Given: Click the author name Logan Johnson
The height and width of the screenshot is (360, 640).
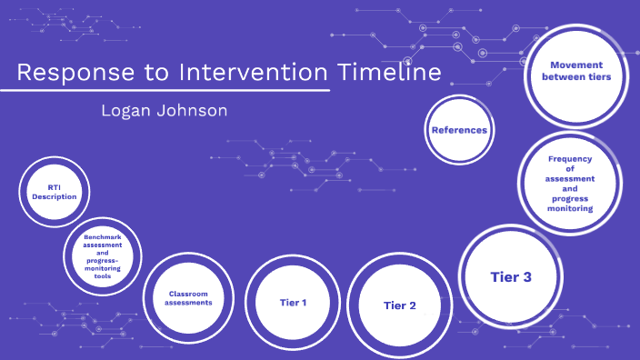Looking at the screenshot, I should pos(165,111).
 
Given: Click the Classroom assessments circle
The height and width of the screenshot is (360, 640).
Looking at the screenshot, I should pos(189,298).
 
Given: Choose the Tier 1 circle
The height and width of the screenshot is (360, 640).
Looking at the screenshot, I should pos(293,302).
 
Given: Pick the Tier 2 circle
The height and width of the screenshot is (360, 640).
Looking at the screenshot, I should pos(400,305).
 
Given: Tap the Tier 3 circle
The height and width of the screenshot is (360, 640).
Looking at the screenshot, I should pos(510,276).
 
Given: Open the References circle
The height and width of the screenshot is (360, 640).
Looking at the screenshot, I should pos(459,131).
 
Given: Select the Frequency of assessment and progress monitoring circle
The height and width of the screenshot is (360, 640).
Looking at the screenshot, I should pos(570,183).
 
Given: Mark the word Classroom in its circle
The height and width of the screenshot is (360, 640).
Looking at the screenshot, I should pos(189,294).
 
